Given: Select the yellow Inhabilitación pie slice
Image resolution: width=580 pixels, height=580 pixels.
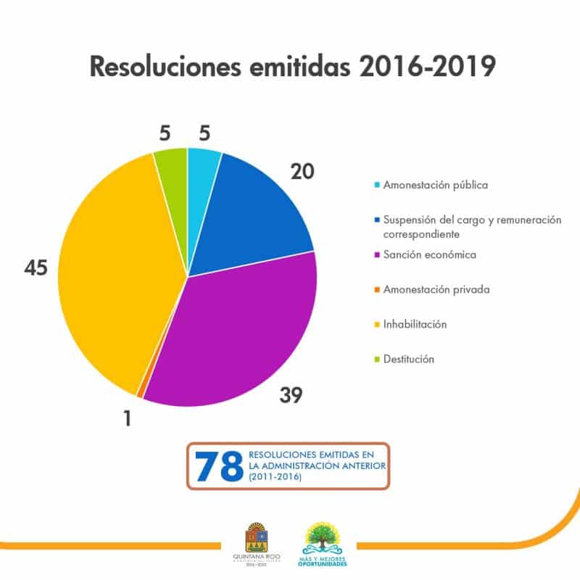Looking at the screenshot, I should [x=116, y=275].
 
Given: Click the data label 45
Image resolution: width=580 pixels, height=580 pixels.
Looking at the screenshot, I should [x=36, y=268].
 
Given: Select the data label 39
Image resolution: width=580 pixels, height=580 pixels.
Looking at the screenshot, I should [x=290, y=395].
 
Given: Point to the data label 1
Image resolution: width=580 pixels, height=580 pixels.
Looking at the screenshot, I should [x=127, y=418].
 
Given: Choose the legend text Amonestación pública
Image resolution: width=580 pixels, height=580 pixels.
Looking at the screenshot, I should [x=435, y=185].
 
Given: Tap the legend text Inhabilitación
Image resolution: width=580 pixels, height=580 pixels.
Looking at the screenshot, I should [x=415, y=324].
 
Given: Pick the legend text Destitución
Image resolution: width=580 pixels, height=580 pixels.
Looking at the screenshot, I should [x=409, y=359].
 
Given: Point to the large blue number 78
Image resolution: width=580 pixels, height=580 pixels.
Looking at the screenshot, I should [x=218, y=465].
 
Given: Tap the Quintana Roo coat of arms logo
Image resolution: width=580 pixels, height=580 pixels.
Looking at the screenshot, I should [x=256, y=540].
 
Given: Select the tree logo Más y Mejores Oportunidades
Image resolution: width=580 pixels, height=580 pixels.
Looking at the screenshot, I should [x=324, y=540].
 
